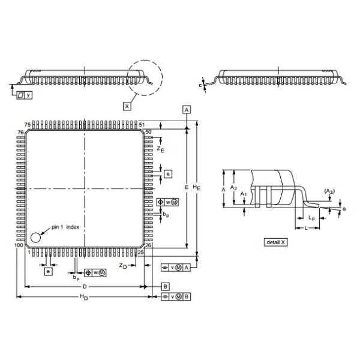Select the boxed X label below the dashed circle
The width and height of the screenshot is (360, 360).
click(x=127, y=106)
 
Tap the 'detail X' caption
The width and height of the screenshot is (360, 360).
click(x=276, y=242)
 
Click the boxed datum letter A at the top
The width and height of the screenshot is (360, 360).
click(x=187, y=109)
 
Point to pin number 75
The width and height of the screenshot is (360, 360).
click(x=28, y=124)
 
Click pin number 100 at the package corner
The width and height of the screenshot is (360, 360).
click(x=18, y=246)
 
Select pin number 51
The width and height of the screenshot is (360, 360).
click(x=142, y=124)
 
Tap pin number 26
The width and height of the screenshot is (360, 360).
click(x=148, y=245)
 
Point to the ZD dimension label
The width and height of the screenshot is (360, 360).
click(x=122, y=265)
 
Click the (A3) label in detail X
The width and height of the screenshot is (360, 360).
click(x=329, y=191)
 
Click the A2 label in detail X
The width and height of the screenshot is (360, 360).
click(x=235, y=188)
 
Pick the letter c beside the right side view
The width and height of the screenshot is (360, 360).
click(x=200, y=85)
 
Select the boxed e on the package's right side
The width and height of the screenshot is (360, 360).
click(x=168, y=174)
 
